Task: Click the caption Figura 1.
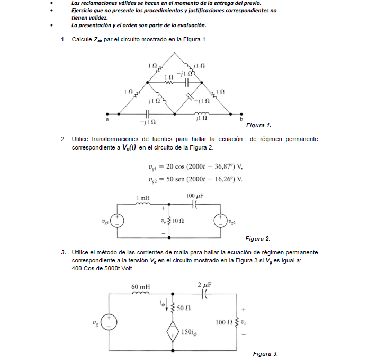click(x=259, y=125)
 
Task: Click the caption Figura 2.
click(x=258, y=239)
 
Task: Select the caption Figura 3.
click(x=265, y=353)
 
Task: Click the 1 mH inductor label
click(x=143, y=198)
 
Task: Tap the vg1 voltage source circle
click(x=117, y=221)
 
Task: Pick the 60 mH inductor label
click(x=141, y=287)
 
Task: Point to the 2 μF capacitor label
click(x=204, y=285)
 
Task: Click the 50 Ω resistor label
click(x=184, y=308)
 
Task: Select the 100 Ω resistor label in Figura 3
click(x=223, y=322)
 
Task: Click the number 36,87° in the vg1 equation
click(x=217, y=166)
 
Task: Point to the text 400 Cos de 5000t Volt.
click(x=102, y=268)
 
